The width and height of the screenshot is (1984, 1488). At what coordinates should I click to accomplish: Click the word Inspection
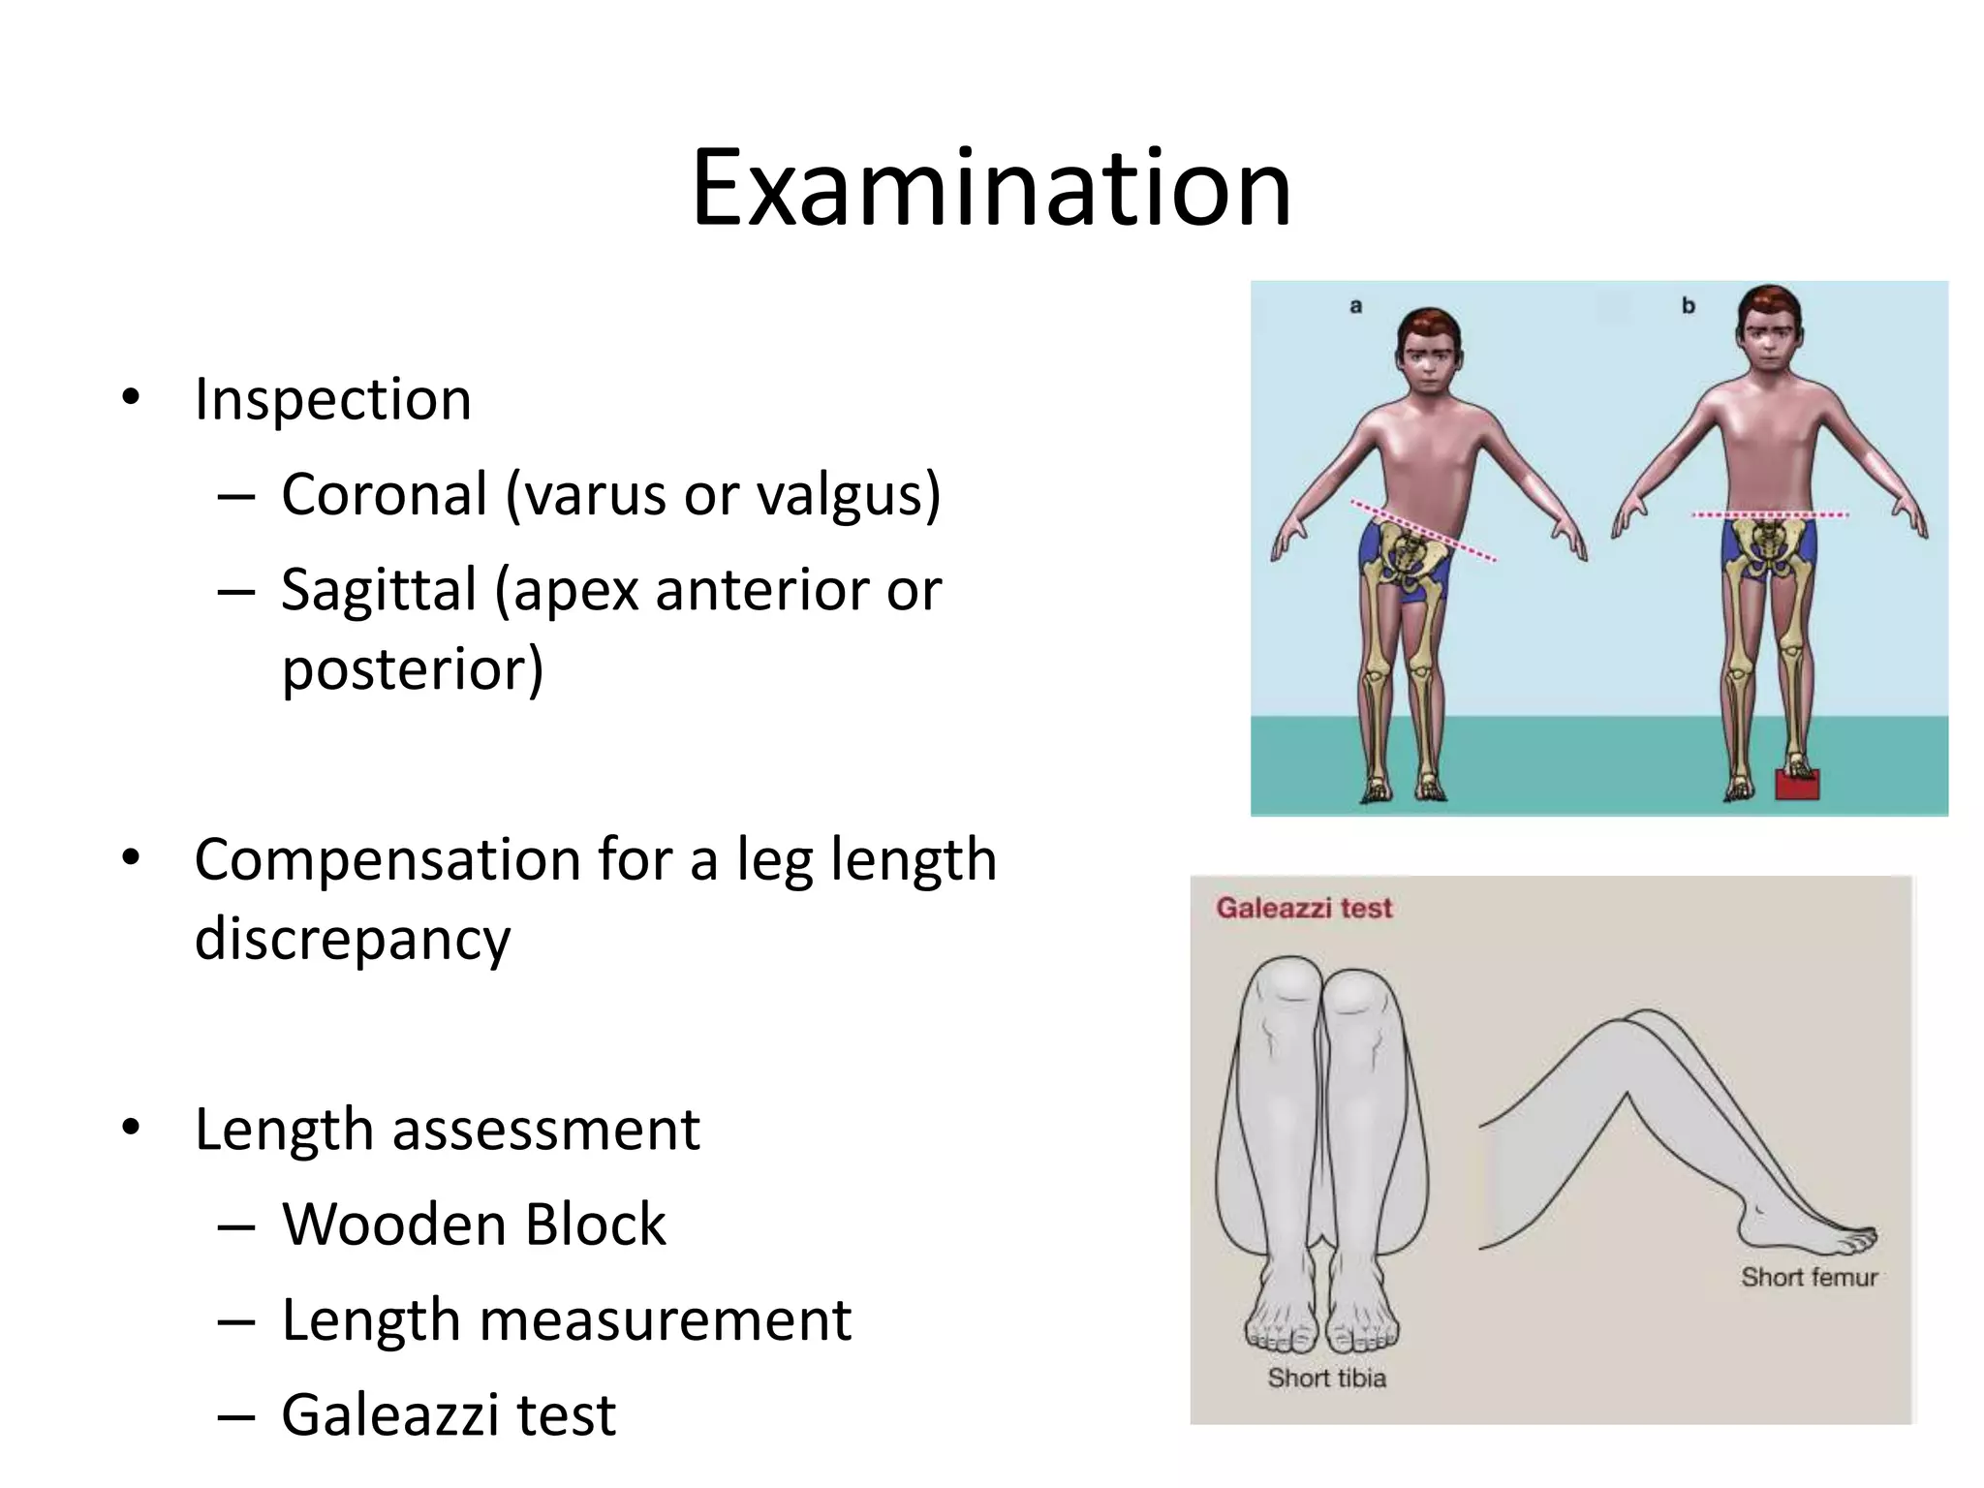(332, 398)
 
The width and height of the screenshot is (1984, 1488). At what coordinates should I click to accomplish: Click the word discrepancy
(352, 939)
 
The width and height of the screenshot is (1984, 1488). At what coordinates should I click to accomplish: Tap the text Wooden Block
(474, 1224)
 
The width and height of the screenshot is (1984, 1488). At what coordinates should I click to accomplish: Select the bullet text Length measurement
(567, 1319)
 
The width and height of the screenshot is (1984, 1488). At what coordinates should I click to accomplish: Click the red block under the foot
(1797, 784)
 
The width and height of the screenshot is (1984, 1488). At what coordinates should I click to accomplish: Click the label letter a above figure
(1355, 306)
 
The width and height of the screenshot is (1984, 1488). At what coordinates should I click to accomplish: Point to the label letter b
(1688, 306)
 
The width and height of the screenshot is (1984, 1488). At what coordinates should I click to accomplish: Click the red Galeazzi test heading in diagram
(1304, 908)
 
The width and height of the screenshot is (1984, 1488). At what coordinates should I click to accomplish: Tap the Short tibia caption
(1326, 1378)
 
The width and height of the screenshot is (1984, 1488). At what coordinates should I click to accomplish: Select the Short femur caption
(1809, 1277)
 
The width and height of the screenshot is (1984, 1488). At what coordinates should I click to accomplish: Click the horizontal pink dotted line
(1769, 514)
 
